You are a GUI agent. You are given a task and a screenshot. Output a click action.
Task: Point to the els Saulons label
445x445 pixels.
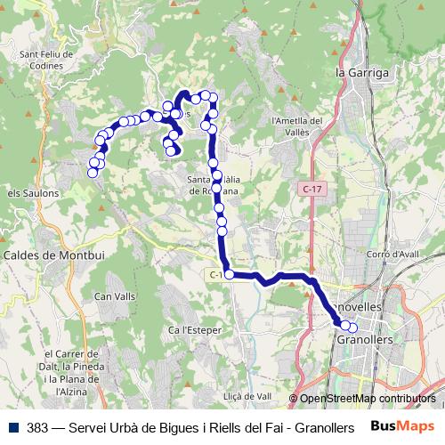coord(33,192)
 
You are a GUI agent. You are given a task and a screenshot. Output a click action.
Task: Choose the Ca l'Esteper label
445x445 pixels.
coord(189,330)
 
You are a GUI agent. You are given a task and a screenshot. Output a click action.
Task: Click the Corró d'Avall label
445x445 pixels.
coord(392,254)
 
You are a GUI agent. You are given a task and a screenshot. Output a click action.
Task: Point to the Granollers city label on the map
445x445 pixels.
coord(365,339)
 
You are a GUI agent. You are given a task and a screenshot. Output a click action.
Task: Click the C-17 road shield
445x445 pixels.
coord(311,189)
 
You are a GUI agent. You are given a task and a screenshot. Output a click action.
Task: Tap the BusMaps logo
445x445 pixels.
coord(403,426)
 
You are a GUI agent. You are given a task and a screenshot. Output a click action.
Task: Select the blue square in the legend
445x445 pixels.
coord(13,426)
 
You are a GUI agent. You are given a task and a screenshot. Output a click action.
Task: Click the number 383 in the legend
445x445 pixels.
coord(39,426)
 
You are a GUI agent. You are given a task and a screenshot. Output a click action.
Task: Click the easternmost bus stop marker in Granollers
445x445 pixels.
coord(352,328)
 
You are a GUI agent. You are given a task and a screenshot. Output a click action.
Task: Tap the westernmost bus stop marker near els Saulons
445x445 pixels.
coord(92,173)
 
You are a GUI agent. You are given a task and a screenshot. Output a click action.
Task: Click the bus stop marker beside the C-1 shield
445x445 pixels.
coord(230,274)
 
